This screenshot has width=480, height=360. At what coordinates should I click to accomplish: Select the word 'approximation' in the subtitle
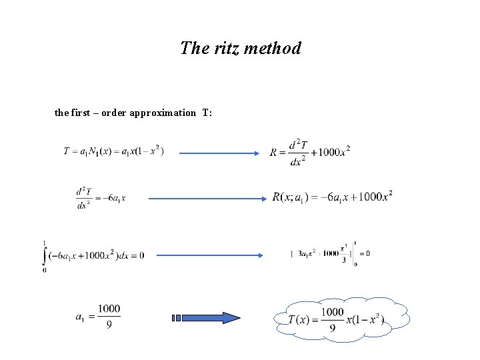click(163, 113)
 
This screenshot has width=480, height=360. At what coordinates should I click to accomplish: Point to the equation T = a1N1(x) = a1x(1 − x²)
click(113, 151)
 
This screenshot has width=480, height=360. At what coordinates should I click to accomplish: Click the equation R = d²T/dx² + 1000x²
click(309, 153)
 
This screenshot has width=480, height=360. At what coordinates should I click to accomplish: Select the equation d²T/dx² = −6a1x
click(101, 197)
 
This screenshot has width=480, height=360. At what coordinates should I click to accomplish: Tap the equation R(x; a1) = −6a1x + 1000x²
click(331, 197)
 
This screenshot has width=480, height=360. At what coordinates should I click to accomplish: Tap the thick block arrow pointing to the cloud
click(207, 318)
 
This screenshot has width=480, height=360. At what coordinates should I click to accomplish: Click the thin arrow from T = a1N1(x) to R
click(219, 153)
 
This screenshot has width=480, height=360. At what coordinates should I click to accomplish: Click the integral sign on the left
click(45, 255)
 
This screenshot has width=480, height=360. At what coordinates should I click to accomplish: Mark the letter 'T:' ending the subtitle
click(207, 113)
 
